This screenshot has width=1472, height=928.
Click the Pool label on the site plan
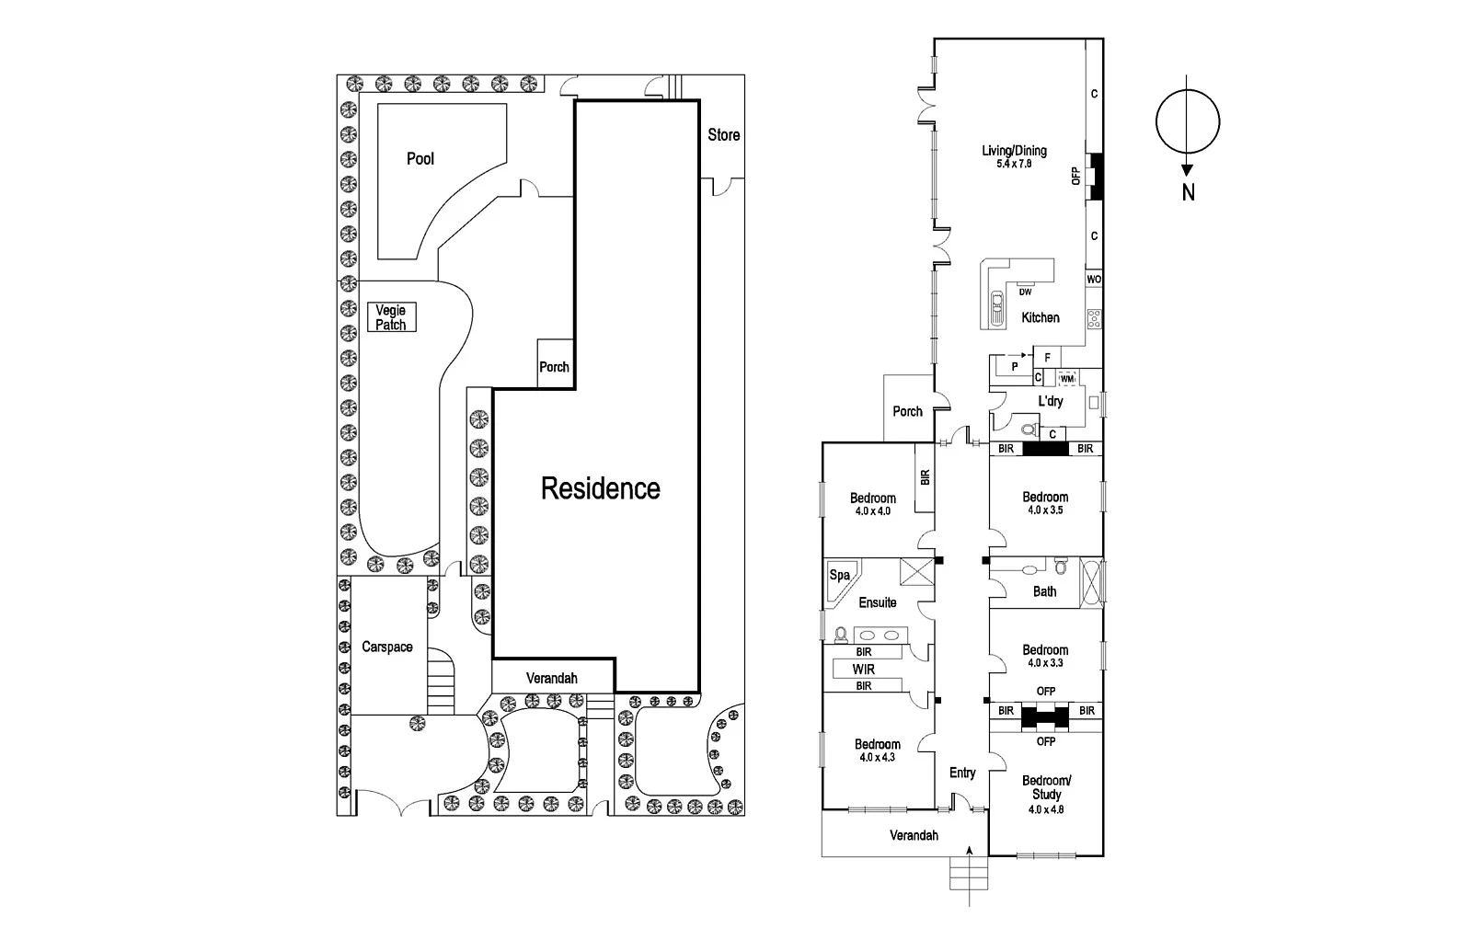tap(420, 159)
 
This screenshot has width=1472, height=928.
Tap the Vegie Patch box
tap(391, 317)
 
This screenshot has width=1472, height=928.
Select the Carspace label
tap(387, 647)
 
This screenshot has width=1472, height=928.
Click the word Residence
tap(600, 488)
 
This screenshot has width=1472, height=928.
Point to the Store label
tap(723, 135)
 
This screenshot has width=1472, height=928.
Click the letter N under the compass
tap(1188, 193)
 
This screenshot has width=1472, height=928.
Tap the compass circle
tap(1188, 121)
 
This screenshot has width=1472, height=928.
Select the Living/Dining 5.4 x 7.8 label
tap(1014, 156)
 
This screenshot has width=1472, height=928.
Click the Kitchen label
tap(1041, 317)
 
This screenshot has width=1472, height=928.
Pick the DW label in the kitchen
tap(1025, 292)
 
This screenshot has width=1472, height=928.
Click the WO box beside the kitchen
tap(1094, 280)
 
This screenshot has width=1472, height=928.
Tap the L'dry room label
tap(1050, 401)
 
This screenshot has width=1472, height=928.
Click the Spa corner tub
tap(840, 576)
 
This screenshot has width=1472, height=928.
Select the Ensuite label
tap(877, 603)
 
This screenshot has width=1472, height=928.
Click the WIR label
tap(863, 670)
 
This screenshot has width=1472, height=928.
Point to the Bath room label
tap(1044, 591)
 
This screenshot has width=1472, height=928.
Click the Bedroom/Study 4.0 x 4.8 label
tap(1046, 795)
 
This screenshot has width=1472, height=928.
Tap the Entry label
tap(962, 773)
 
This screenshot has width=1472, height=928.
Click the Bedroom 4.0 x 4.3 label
tap(877, 750)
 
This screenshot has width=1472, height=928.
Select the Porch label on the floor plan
tap(907, 411)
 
